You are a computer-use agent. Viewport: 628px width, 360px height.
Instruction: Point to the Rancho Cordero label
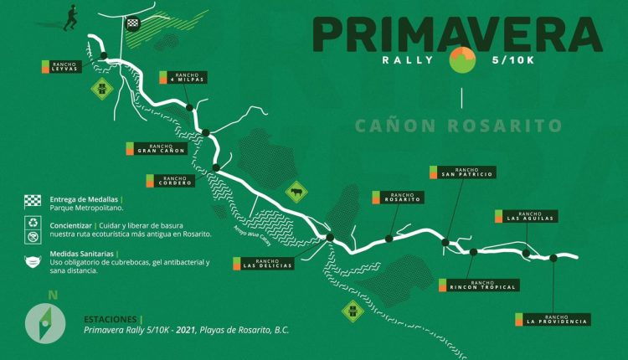click(x=174, y=180)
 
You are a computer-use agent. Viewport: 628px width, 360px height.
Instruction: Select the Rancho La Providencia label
click(x=557, y=319)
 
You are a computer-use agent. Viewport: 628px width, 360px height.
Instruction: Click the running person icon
click(x=70, y=16)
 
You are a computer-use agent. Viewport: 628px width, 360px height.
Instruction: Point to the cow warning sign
click(x=295, y=194)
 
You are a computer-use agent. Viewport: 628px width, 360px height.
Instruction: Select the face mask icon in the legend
click(x=32, y=261)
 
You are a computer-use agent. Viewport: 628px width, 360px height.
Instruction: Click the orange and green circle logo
click(x=462, y=60)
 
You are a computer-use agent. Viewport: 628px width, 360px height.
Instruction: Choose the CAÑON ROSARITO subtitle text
click(x=457, y=126)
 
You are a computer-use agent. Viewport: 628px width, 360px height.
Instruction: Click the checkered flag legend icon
click(x=32, y=200)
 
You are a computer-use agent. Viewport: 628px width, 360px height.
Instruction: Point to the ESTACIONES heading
click(x=112, y=319)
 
